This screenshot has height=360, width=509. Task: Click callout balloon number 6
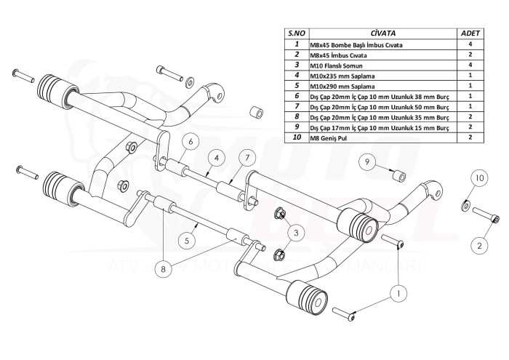tap(188, 140)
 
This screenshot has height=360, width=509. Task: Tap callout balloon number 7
tap(246, 159)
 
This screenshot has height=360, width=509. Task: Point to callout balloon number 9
tap(369, 163)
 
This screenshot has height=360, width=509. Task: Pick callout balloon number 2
tap(480, 246)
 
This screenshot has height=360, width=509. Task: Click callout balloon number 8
tap(163, 268)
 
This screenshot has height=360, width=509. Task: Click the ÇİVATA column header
tap(382, 33)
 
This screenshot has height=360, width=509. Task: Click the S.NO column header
tap(296, 33)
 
